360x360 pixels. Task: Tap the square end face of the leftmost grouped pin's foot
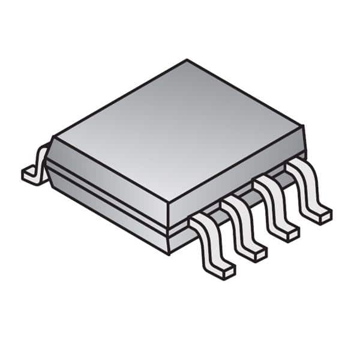pos(227,273)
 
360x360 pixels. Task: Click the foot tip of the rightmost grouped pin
pos(325,214)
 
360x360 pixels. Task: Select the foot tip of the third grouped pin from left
pos(292,234)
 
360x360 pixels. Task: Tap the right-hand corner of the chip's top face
pos(300,127)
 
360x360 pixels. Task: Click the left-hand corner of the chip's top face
pos(54,137)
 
